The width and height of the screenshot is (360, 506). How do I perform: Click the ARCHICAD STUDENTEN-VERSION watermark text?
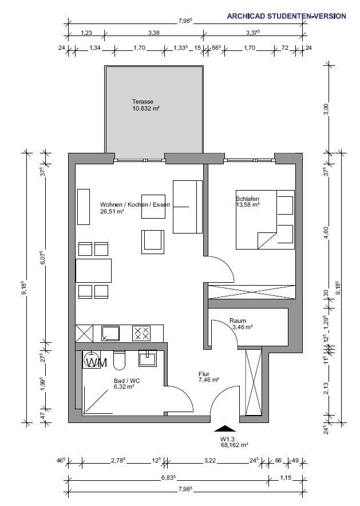[286, 16]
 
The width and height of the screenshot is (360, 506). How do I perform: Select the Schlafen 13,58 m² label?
[248, 201]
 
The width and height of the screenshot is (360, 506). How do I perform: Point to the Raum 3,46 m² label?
[240, 324]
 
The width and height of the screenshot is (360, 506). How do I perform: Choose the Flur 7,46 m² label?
[208, 376]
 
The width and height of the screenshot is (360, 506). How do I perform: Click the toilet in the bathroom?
[120, 359]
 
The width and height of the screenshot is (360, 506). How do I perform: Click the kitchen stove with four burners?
[141, 333]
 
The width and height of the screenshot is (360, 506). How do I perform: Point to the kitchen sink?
[110, 333]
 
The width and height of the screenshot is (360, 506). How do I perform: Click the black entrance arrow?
[225, 428]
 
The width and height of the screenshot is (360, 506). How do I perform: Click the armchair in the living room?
[153, 241]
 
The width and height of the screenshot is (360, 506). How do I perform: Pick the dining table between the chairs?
[94, 271]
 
